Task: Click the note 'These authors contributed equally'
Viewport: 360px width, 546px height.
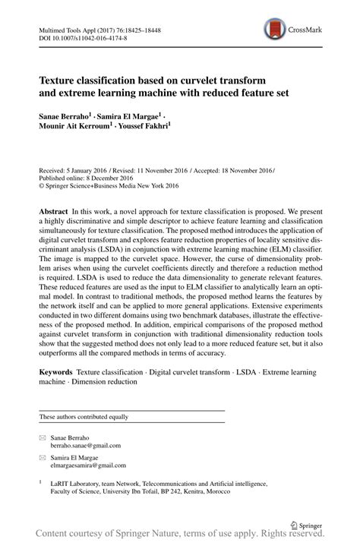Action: point(84,417)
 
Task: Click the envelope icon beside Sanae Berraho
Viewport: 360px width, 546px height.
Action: point(42,438)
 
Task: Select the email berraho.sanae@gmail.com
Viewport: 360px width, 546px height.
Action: point(86,446)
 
